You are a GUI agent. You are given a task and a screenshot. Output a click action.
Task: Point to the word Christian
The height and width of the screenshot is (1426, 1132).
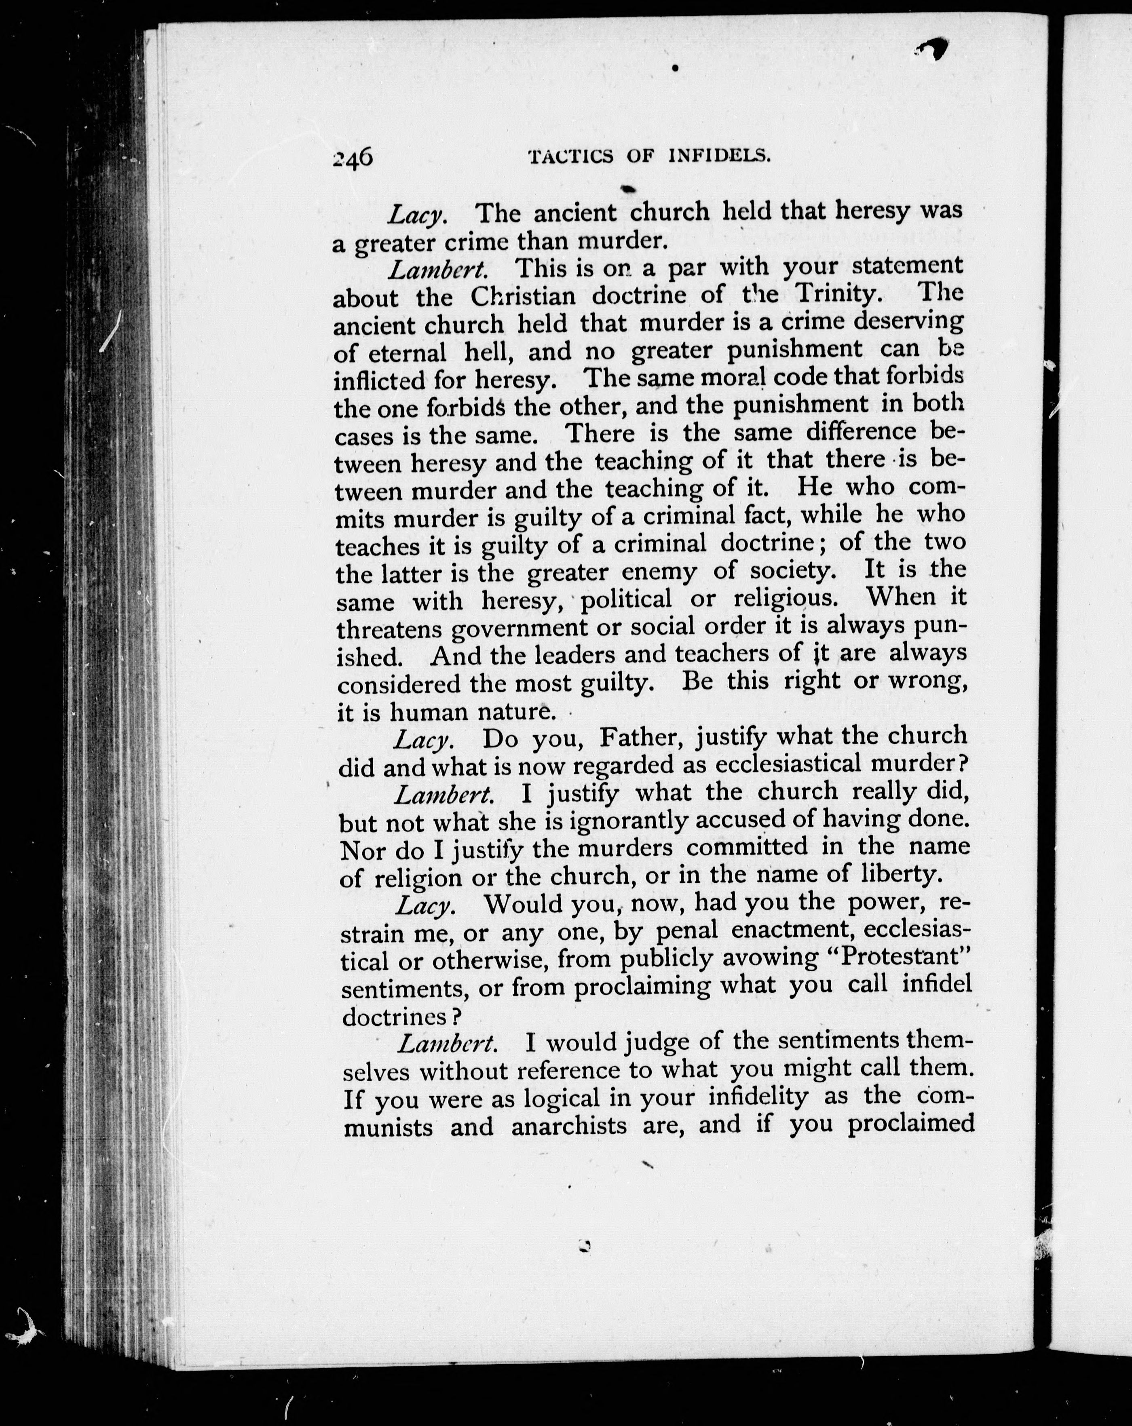(x=523, y=295)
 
